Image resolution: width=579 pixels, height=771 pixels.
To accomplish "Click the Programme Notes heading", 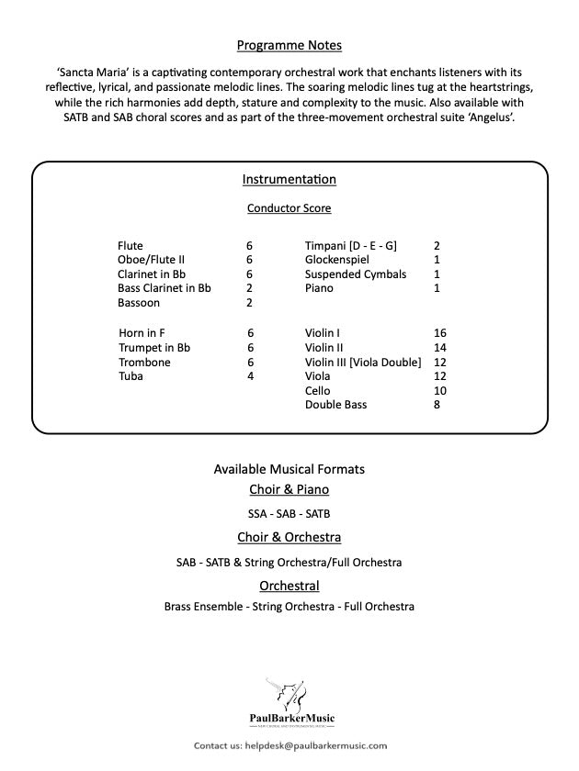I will pyautogui.click(x=289, y=44).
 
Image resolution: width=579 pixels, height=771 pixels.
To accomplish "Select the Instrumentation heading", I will pyautogui.click(x=289, y=179).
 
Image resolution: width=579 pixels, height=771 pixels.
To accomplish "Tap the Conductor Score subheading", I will pyautogui.click(x=289, y=208).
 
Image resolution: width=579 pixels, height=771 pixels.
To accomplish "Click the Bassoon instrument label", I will pyautogui.click(x=139, y=303).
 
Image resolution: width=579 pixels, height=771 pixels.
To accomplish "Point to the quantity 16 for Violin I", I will pyautogui.click(x=439, y=332).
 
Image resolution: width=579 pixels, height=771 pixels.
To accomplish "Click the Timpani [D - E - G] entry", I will pyautogui.click(x=350, y=246).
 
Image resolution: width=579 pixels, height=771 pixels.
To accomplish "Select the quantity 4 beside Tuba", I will pyautogui.click(x=250, y=376).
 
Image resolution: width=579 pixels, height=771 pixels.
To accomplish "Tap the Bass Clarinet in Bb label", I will pyautogui.click(x=165, y=288).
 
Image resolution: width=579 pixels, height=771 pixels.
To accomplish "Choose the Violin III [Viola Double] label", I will pyautogui.click(x=363, y=362).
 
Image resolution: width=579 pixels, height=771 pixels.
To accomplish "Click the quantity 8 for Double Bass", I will pyautogui.click(x=437, y=405).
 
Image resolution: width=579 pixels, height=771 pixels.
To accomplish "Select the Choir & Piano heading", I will pyautogui.click(x=289, y=490).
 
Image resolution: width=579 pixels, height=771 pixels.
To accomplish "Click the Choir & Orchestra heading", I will pyautogui.click(x=289, y=538).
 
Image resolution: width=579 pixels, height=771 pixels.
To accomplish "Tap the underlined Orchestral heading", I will pyautogui.click(x=289, y=586).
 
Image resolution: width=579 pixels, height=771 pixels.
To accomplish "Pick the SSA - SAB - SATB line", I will pyautogui.click(x=289, y=514).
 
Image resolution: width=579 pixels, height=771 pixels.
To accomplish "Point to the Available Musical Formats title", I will pyautogui.click(x=289, y=469).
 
